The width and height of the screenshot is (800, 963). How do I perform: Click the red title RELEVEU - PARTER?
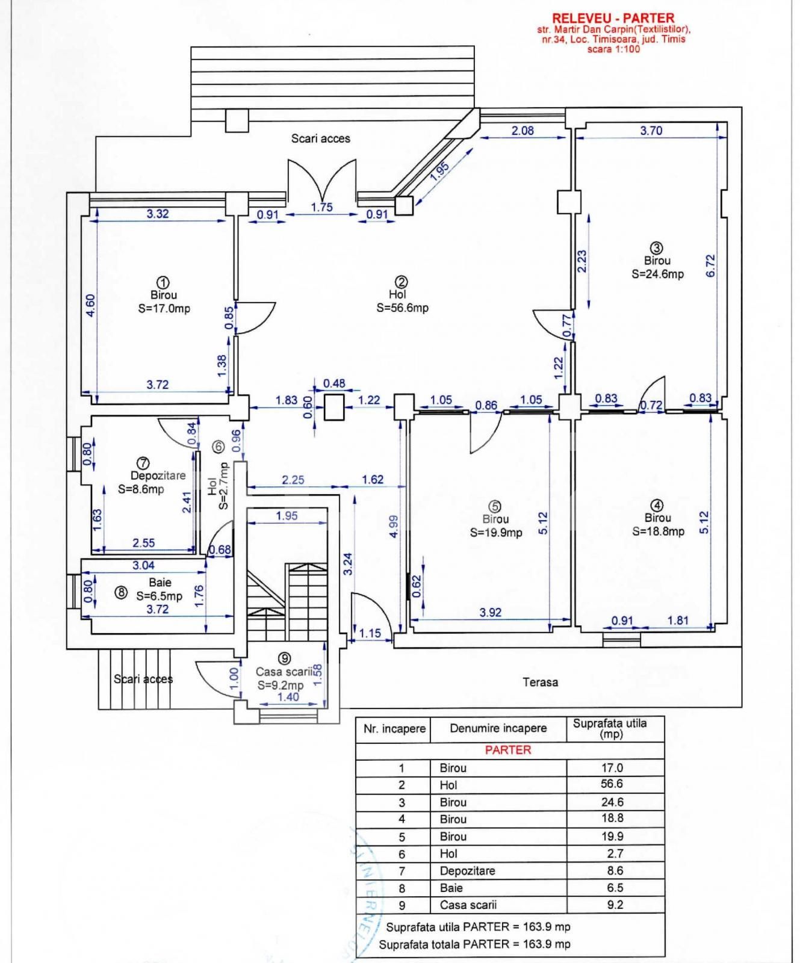[x=613, y=18]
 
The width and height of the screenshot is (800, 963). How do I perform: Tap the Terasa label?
[x=540, y=682]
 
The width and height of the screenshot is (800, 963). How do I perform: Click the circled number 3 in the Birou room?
[x=656, y=248]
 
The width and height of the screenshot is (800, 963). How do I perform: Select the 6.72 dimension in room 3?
[x=710, y=265]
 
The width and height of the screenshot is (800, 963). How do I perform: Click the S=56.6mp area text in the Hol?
[x=402, y=308]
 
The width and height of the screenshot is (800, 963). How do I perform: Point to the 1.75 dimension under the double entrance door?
[x=321, y=207]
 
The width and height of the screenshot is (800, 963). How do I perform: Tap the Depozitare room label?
[x=158, y=475]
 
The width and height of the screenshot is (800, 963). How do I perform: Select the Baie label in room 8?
[x=160, y=582]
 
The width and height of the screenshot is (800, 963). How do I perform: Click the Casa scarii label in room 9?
[x=284, y=672]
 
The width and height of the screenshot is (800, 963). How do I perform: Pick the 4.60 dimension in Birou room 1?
[x=90, y=305]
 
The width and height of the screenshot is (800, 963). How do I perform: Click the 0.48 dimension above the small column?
[x=334, y=383]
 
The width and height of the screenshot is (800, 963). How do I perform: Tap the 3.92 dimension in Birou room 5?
[x=490, y=612]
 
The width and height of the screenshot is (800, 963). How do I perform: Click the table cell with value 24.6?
[x=612, y=802]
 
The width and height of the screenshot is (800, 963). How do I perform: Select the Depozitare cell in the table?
[x=467, y=870]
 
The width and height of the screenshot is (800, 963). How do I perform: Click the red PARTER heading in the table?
[x=508, y=750]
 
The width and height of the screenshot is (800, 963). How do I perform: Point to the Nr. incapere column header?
[x=394, y=728]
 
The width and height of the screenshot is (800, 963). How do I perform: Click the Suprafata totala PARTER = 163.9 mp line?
[x=474, y=944]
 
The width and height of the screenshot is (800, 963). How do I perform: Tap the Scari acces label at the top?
[x=320, y=138]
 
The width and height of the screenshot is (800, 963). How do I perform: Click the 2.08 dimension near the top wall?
[x=522, y=131]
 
